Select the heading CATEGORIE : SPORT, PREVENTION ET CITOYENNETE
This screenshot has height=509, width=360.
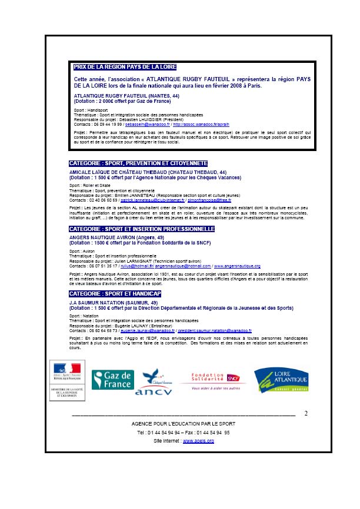pos(138,163)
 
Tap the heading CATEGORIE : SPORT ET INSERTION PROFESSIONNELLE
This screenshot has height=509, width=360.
pos(142,228)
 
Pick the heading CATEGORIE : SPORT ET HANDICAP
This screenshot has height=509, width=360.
pos(115,293)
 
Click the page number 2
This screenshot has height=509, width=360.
pos(306,414)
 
